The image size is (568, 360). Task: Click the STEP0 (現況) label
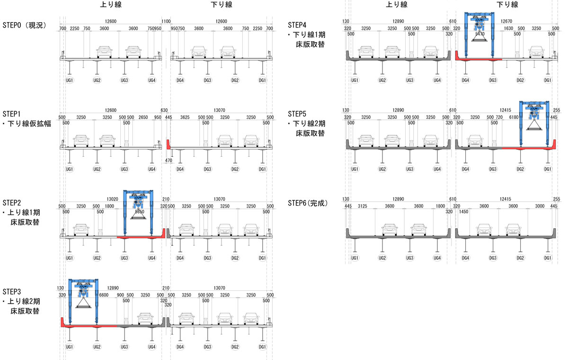(x=24, y=25)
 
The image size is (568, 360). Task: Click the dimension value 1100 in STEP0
(x=166, y=21)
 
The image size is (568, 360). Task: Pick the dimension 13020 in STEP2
(x=113, y=199)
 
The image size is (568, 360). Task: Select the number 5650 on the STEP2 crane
(x=139, y=213)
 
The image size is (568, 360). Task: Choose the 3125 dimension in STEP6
(x=363, y=206)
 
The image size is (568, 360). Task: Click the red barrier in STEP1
(x=169, y=144)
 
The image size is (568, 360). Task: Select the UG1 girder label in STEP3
(x=69, y=347)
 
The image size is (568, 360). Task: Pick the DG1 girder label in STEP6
(x=548, y=258)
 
